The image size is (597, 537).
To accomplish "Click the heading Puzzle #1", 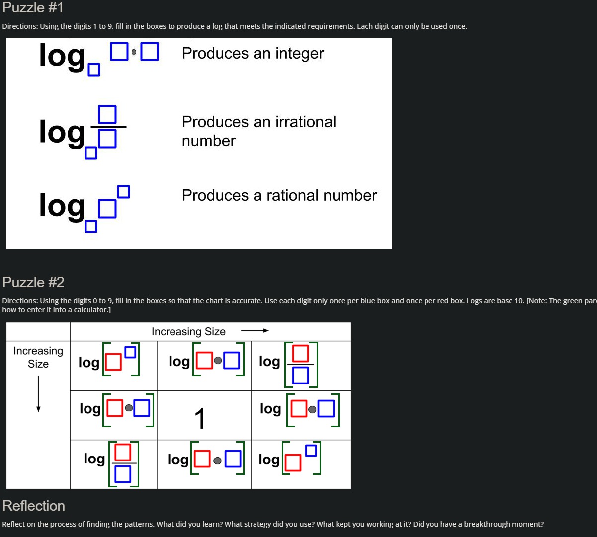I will coord(33,8).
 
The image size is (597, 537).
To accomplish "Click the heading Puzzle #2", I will coord(33,282).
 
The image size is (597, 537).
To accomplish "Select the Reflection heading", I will coord(34,506).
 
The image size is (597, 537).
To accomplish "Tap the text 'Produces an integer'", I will coord(253,53).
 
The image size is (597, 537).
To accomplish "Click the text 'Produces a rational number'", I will coord(279,195).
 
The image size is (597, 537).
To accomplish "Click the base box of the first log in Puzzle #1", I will coord(93,70).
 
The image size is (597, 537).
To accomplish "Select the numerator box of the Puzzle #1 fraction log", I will coord(107,114).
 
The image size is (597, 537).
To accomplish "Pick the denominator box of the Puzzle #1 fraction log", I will coord(107,139).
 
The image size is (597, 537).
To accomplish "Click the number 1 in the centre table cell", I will coord(200,418).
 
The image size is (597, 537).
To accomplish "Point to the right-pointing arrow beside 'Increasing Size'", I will coord(255,331).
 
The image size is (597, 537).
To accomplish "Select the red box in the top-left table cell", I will coord(113,363).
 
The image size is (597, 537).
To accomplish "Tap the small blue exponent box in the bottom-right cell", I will coord(311,451).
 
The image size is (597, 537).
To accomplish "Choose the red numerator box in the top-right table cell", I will coord(301,354).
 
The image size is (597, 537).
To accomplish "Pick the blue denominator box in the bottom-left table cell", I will coord(123,474).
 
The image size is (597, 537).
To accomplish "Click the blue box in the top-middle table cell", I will coord(232,361).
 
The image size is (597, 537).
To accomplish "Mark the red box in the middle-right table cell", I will coord(299,409).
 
